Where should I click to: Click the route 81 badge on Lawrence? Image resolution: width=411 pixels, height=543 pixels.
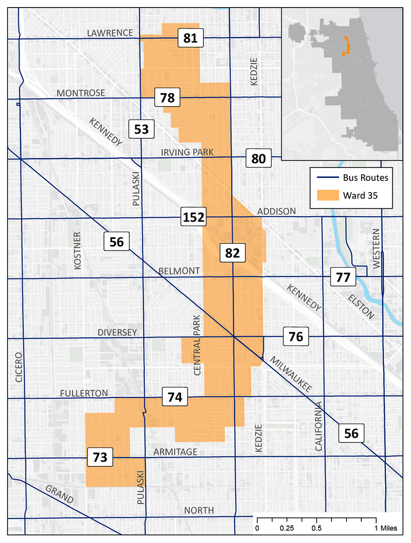click(x=190, y=38)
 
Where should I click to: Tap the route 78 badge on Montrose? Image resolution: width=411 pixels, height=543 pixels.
click(x=167, y=98)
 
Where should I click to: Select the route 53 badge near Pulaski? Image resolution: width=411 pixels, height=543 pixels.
click(x=141, y=129)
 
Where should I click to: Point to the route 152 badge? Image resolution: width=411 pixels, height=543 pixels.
click(x=193, y=217)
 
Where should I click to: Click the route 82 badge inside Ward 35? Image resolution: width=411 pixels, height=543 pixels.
click(x=232, y=253)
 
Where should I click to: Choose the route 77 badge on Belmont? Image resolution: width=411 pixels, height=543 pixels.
click(x=343, y=277)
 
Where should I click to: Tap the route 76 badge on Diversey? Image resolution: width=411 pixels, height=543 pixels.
click(x=296, y=336)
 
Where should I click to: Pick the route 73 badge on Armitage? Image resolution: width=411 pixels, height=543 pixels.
click(x=100, y=457)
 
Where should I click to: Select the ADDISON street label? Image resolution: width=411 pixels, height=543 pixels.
click(x=276, y=212)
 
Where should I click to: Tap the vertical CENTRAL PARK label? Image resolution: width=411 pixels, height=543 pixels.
click(x=197, y=345)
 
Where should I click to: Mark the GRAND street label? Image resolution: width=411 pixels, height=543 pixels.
click(x=59, y=495)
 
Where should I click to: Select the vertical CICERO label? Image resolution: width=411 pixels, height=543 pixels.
click(x=19, y=368)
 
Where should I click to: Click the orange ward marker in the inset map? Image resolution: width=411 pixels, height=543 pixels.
click(x=345, y=46)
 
